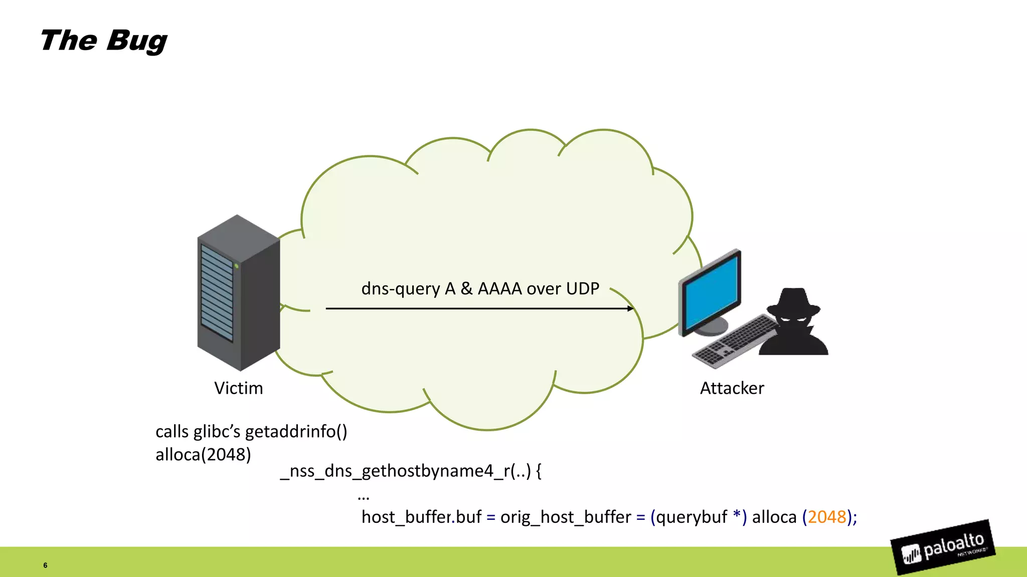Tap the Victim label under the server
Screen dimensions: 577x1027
238,388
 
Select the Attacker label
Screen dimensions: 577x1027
732,388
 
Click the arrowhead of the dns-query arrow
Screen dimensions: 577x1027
630,309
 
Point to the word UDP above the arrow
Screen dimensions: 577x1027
582,288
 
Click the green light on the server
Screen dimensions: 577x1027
236,266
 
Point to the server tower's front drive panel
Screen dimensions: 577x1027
217,293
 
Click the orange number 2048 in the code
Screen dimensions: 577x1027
826,517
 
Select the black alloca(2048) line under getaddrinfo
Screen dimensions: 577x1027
203,455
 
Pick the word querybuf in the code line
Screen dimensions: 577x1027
691,517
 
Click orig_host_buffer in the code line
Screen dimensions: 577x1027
566,517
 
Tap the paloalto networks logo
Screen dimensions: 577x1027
943,547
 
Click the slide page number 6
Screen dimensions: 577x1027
45,565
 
